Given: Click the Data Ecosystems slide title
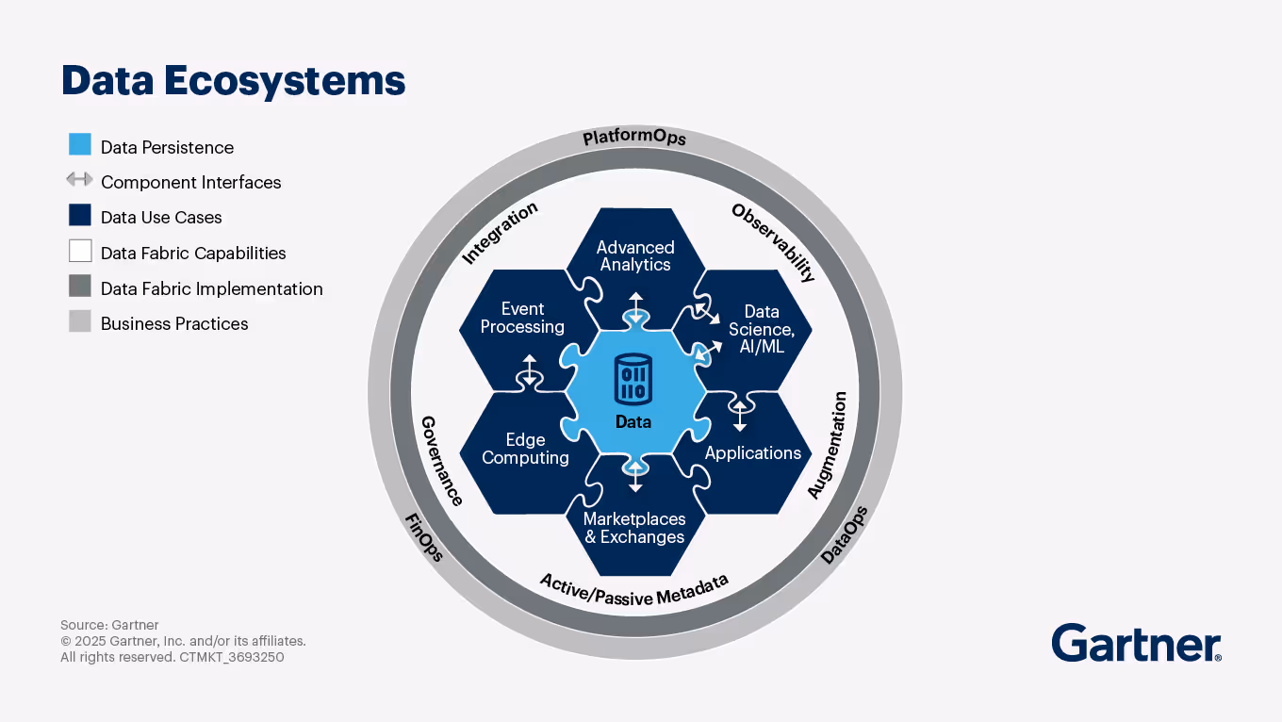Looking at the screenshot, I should point(233,81).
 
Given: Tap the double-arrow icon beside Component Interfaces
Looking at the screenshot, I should point(80,180).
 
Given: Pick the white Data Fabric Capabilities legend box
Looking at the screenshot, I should point(80,251).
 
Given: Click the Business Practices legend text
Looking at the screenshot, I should point(174,324).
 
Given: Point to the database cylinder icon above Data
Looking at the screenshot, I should point(633,379).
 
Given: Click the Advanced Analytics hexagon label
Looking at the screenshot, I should point(635,256).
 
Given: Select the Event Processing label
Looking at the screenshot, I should point(522,319).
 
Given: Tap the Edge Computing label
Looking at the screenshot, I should point(525,450).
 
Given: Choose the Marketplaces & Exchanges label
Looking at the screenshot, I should point(634,529).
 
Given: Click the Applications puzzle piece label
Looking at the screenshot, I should point(752,453).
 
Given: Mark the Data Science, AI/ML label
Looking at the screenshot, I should point(762,329).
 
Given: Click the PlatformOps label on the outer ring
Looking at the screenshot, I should point(634,138).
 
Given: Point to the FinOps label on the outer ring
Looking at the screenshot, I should point(424,537).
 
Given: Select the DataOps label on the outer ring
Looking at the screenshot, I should point(844,535).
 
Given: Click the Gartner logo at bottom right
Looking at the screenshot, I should point(1136,644).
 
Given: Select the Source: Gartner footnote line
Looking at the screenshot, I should point(109,625).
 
